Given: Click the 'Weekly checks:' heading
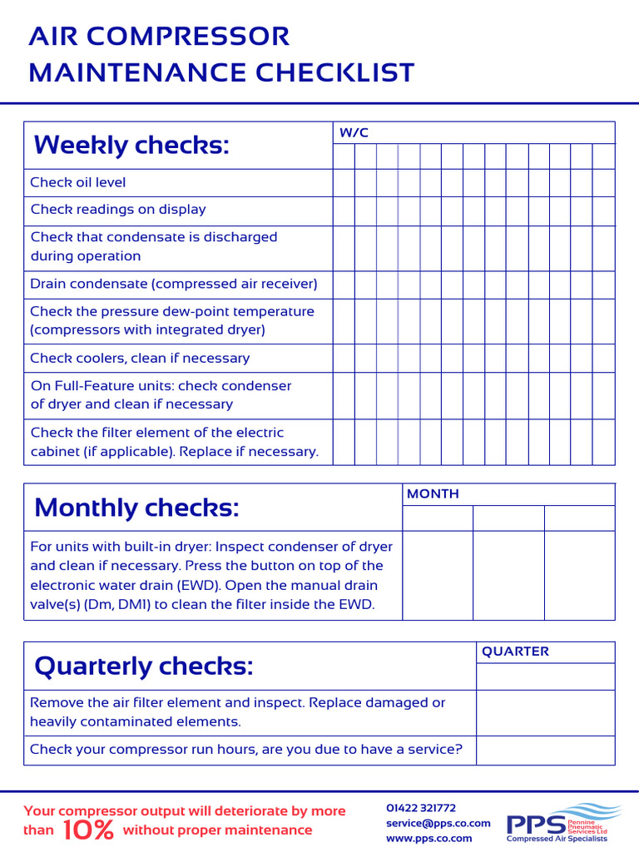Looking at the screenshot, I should pyautogui.click(x=131, y=146).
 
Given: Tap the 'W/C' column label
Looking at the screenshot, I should pyautogui.click(x=354, y=133).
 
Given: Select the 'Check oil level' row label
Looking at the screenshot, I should pyautogui.click(x=78, y=182).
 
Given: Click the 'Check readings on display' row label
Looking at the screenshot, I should pyautogui.click(x=118, y=210).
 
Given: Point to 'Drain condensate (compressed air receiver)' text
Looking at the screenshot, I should pyautogui.click(x=174, y=284).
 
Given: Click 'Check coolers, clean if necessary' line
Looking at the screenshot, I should pyautogui.click(x=140, y=359).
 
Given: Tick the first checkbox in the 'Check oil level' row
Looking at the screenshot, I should pyautogui.click(x=344, y=182).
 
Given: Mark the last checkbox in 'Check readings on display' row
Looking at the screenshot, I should pyautogui.click(x=604, y=210).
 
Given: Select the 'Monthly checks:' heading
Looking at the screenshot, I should pyautogui.click(x=136, y=508).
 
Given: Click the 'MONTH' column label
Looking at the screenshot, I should pyautogui.click(x=433, y=494).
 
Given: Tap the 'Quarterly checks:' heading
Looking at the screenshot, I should pyautogui.click(x=143, y=666).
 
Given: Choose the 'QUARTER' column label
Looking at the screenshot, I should pyautogui.click(x=516, y=651).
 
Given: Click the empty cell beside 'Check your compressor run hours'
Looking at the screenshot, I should pyautogui.click(x=545, y=750).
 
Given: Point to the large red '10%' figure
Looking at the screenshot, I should pyautogui.click(x=88, y=830).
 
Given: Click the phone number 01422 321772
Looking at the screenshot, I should pyautogui.click(x=421, y=808).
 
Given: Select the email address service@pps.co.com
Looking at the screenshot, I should pyautogui.click(x=438, y=823).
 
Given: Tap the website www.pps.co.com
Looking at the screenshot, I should pyautogui.click(x=429, y=838).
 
